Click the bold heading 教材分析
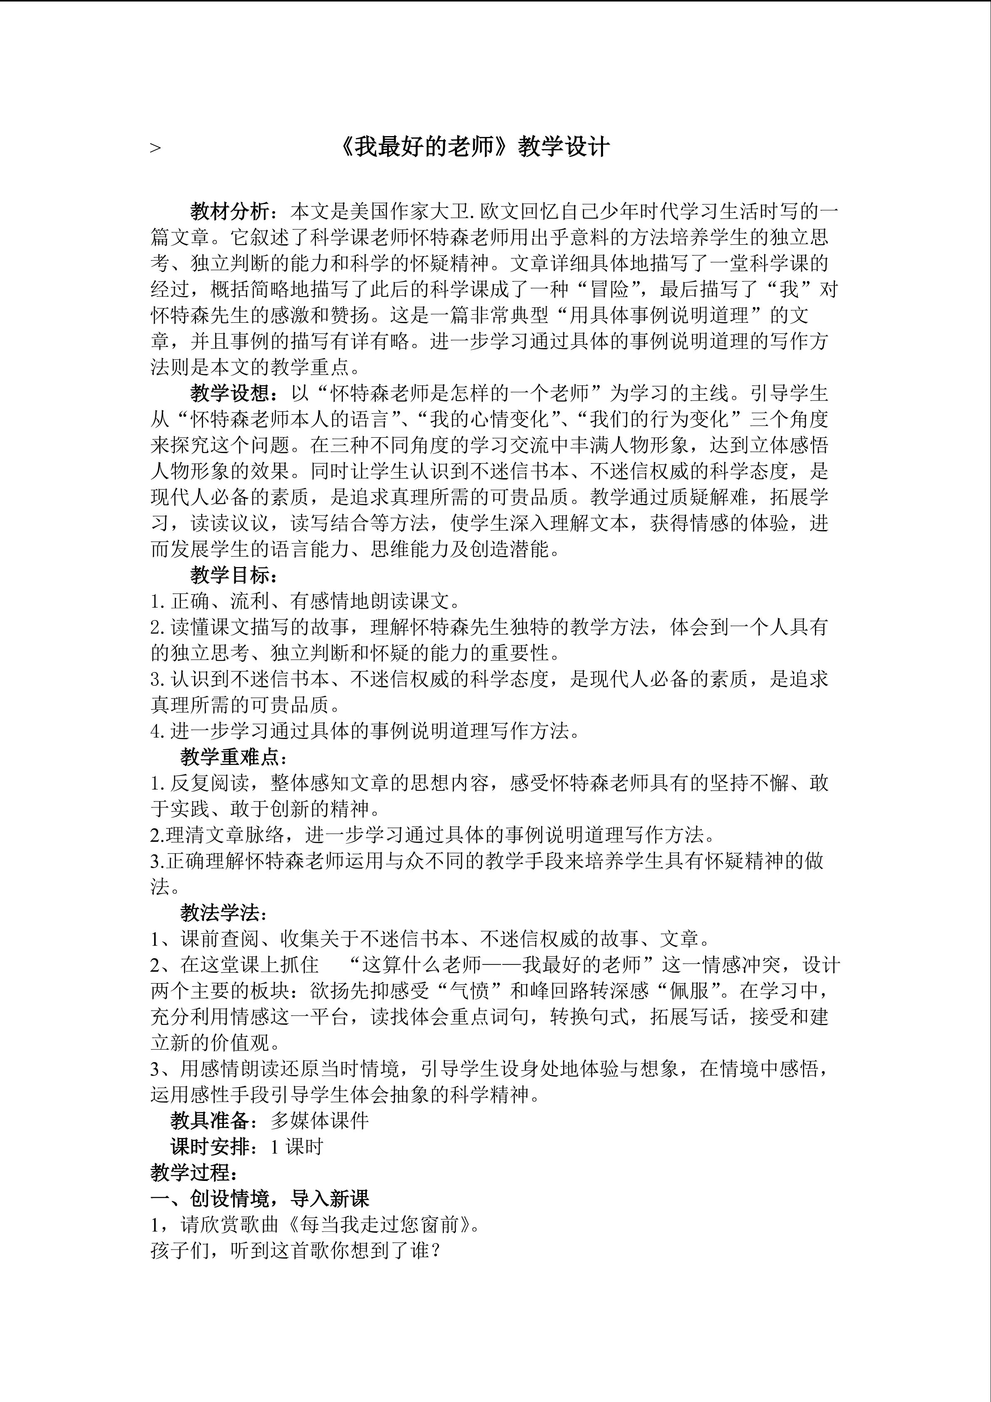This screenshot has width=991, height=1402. point(229,212)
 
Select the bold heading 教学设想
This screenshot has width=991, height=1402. point(229,393)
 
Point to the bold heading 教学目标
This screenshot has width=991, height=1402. point(229,575)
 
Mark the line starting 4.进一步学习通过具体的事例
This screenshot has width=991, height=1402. point(365,731)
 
